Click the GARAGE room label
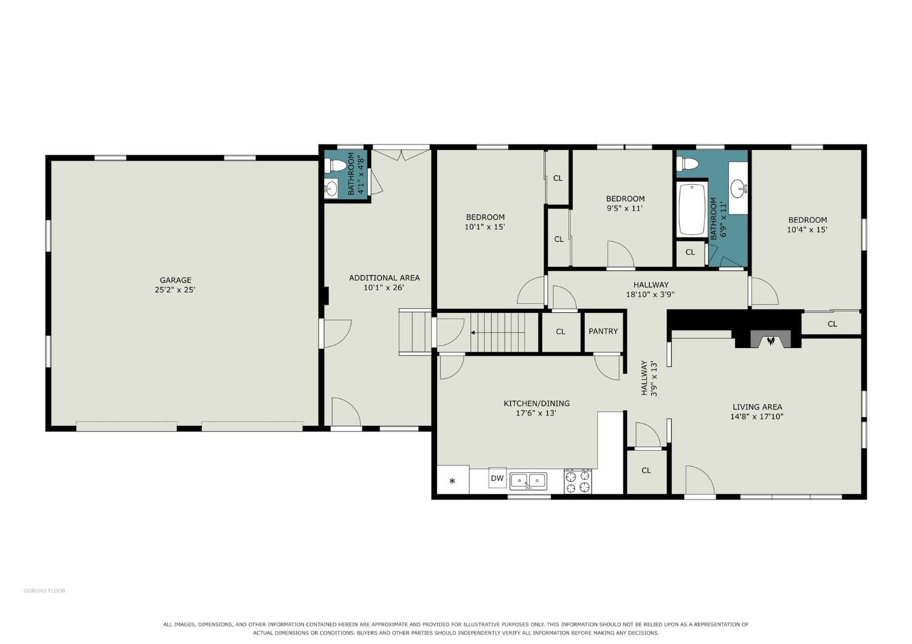175,280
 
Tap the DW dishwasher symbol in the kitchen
497,478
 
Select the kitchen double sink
528,481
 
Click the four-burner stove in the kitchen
578,481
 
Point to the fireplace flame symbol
770,340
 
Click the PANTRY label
603,331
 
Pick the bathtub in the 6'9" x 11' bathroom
692,209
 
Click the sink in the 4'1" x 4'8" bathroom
331,189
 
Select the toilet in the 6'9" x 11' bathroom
687,164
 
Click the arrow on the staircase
498,332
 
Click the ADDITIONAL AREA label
384,278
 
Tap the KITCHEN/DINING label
536,403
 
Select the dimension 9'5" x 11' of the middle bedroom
624,208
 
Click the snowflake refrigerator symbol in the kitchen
452,481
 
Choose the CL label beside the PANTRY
560,332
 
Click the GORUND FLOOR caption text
44,591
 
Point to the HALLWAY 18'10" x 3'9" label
650,289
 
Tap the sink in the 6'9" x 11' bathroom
739,188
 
